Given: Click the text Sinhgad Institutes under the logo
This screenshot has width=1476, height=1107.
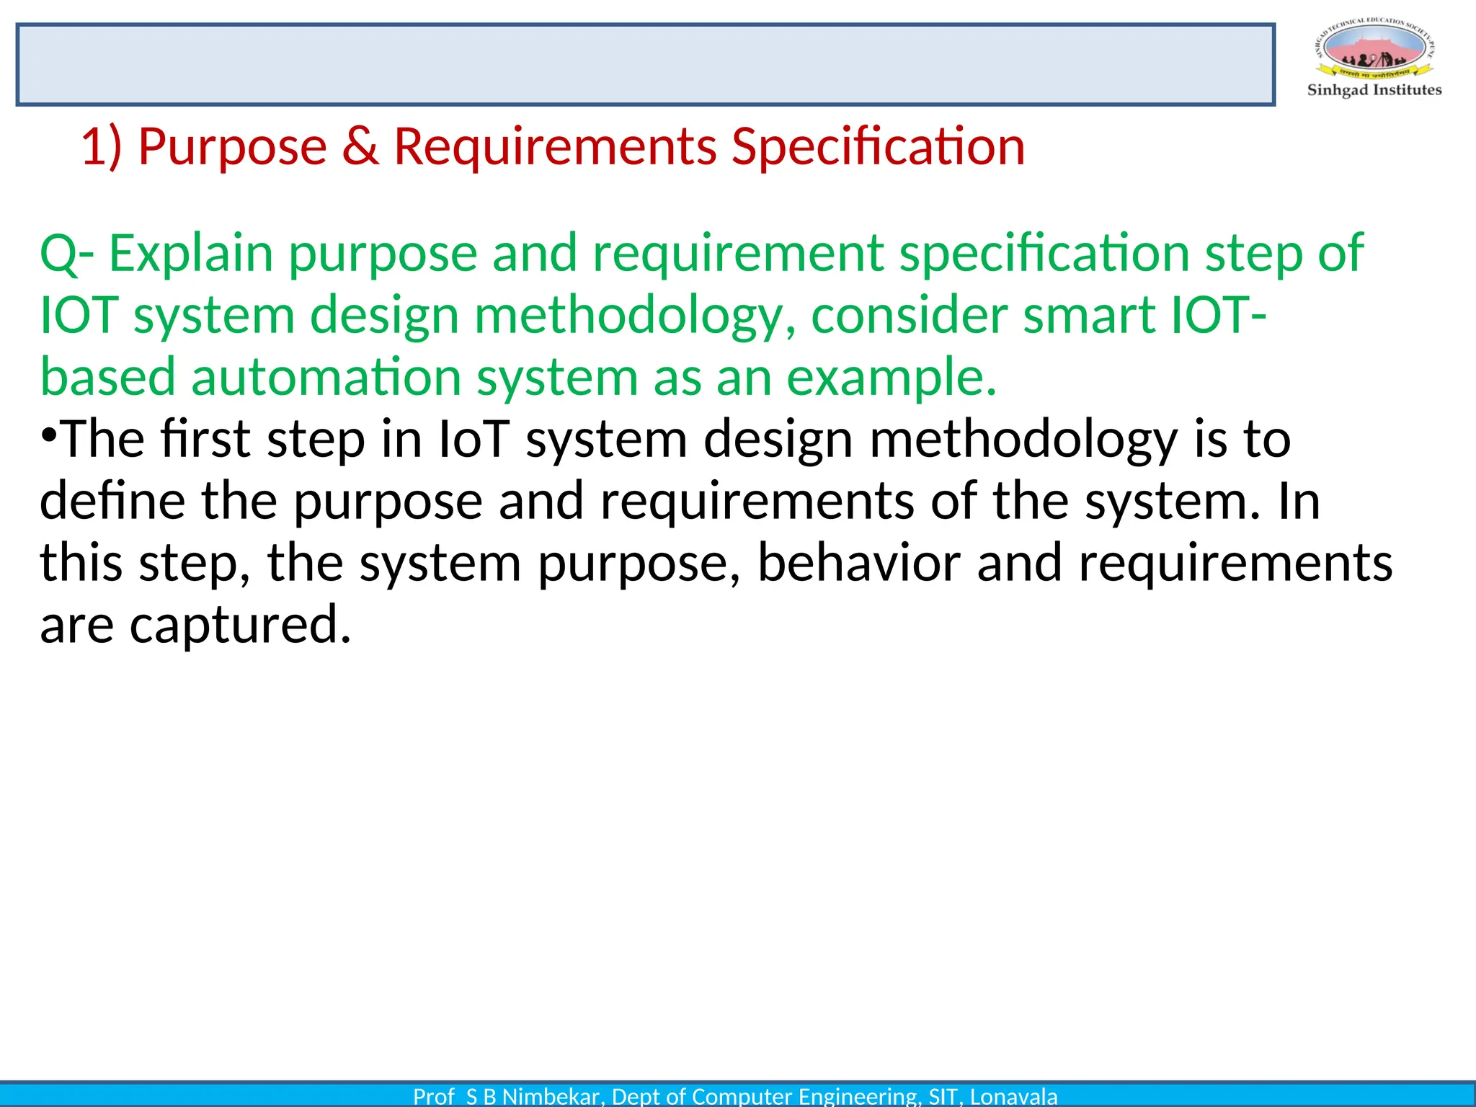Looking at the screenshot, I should [1374, 90].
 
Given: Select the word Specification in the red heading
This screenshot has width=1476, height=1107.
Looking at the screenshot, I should [877, 146].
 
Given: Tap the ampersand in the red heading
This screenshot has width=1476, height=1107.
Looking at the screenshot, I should [360, 146].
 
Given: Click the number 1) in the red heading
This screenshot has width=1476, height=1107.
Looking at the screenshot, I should [101, 146].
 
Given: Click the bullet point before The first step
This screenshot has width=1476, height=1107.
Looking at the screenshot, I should [48, 436].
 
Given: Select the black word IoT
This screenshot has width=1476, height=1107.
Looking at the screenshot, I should [474, 439].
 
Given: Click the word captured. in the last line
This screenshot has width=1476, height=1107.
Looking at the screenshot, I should [240, 625].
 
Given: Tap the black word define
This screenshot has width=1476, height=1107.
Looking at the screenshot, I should [112, 501].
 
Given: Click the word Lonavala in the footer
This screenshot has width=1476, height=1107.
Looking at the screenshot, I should [1013, 1096].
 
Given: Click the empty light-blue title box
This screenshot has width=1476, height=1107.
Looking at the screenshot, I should [645, 65].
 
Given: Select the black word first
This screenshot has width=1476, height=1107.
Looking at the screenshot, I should [205, 439].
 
